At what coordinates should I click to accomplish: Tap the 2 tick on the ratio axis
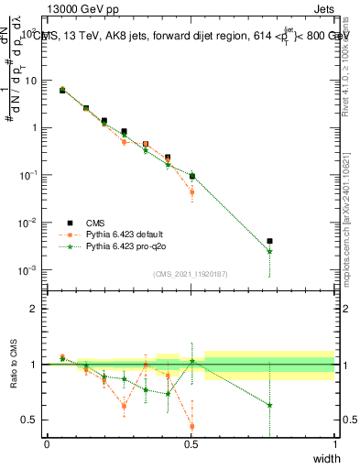pyautogui.click(x=37, y=309)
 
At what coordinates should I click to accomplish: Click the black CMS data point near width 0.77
pyautogui.click(x=269, y=241)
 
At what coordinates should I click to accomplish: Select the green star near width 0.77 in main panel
pyautogui.click(x=269, y=252)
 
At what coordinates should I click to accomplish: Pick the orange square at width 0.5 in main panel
pyautogui.click(x=191, y=192)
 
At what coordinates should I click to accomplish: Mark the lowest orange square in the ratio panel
pyautogui.click(x=191, y=426)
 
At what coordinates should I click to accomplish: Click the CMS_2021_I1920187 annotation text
pyautogui.click(x=191, y=273)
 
